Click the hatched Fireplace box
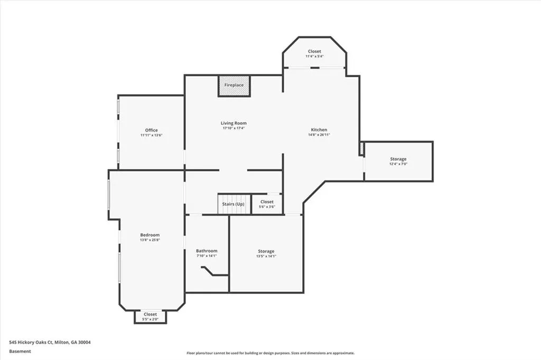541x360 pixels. [x=234, y=86]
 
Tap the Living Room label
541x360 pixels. [x=234, y=123]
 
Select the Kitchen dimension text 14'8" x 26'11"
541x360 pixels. [x=319, y=135]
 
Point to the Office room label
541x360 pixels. [x=151, y=130]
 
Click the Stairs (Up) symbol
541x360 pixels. [x=233, y=204]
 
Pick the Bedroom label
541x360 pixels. [x=150, y=235]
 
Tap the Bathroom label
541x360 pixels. [x=207, y=251]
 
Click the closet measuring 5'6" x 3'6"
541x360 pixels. [x=267, y=204]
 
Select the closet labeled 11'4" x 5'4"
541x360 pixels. [x=314, y=53]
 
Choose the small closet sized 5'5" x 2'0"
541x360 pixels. [x=150, y=317]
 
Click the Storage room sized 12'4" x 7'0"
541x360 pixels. [x=398, y=161]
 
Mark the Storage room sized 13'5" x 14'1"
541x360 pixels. [x=266, y=253]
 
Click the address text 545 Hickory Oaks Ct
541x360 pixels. [x=50, y=342]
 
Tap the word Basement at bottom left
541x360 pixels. [x=20, y=351]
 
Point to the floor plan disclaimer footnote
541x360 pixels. [x=270, y=353]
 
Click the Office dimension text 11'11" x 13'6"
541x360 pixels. [x=151, y=135]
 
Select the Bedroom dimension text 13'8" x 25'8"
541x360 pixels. [x=150, y=240]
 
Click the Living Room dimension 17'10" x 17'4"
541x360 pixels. [x=234, y=128]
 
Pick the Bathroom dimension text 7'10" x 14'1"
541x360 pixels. [x=207, y=256]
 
